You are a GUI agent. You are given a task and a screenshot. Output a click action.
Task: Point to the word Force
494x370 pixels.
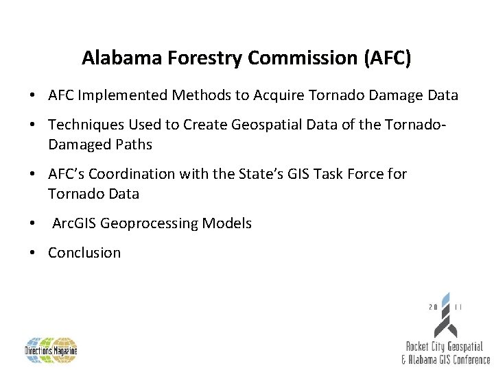pos(366,174)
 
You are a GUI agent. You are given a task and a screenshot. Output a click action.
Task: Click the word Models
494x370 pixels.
pos(228,223)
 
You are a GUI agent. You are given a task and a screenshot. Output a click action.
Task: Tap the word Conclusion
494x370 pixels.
pos(84,253)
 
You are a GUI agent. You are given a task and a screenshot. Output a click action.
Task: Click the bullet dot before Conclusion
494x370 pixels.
pos(34,253)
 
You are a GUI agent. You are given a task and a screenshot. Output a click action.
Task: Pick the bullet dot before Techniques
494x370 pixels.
pos(34,125)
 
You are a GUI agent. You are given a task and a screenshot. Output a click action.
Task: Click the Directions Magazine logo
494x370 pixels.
pos(51,350)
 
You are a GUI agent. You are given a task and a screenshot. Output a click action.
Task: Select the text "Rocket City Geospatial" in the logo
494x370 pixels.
pos(445,348)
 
